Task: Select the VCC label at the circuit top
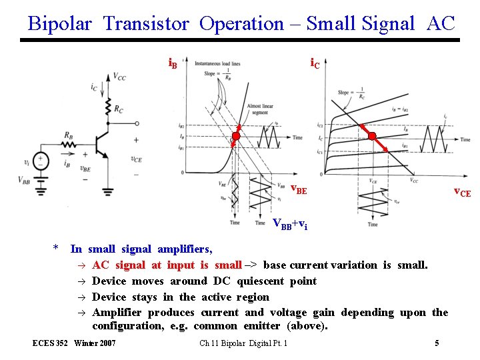(119, 77)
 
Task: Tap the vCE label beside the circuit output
(136, 159)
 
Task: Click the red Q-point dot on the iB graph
(235, 136)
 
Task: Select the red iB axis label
(172, 63)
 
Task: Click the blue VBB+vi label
(290, 224)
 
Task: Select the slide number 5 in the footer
(437, 343)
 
